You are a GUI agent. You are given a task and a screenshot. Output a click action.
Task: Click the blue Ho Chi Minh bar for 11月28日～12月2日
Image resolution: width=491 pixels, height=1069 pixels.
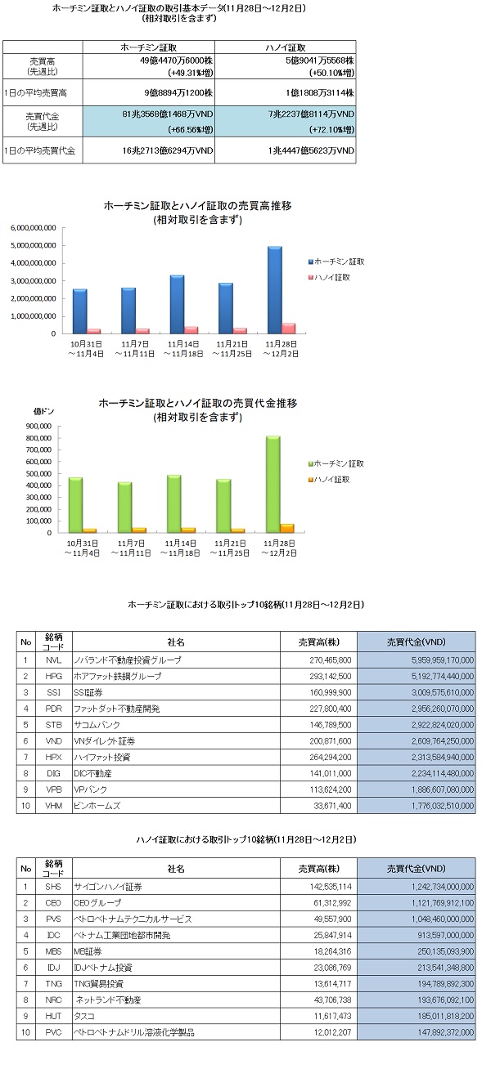(275, 289)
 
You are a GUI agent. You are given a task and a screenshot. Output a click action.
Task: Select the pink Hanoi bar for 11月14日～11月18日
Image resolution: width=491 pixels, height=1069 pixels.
(191, 329)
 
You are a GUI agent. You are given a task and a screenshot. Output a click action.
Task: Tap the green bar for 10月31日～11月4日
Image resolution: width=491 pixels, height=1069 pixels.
(75, 505)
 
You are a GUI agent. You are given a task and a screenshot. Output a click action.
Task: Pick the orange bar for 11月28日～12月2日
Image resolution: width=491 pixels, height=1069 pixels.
(287, 528)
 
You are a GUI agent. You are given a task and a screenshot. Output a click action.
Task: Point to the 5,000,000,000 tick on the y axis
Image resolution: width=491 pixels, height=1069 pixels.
(34, 245)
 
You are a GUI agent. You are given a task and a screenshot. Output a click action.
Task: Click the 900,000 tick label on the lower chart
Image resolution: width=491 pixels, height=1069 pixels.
(38, 426)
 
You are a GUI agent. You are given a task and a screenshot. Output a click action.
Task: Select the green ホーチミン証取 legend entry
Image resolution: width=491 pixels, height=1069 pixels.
(336, 463)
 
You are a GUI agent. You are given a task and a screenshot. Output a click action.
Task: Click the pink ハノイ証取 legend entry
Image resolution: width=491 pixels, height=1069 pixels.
(329, 277)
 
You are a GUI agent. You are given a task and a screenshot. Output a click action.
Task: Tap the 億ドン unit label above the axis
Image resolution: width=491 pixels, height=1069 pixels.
(43, 411)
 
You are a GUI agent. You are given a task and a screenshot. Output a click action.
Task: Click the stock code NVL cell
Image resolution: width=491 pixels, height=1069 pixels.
(53, 660)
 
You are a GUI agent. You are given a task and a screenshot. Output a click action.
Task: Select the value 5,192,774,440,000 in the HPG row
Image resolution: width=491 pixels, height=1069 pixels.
(443, 676)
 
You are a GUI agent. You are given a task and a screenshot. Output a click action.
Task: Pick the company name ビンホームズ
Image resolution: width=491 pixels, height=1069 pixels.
(97, 806)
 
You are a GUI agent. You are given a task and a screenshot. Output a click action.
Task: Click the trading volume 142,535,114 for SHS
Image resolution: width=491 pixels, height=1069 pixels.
(331, 887)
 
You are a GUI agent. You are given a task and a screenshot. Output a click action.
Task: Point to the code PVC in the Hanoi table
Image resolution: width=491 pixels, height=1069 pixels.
(53, 1032)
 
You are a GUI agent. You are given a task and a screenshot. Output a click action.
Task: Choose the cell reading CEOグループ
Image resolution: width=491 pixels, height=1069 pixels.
(97, 903)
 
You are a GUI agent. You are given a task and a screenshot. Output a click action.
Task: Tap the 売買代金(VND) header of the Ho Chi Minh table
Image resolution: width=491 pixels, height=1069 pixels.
(416, 642)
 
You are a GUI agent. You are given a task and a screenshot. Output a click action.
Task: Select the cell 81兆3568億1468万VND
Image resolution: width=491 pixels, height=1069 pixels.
(168, 114)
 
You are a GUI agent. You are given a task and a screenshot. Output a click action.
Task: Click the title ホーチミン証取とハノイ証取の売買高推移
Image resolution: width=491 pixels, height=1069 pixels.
(198, 206)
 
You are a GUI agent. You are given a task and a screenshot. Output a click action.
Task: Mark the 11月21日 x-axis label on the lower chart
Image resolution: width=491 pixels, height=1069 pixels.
(230, 543)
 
